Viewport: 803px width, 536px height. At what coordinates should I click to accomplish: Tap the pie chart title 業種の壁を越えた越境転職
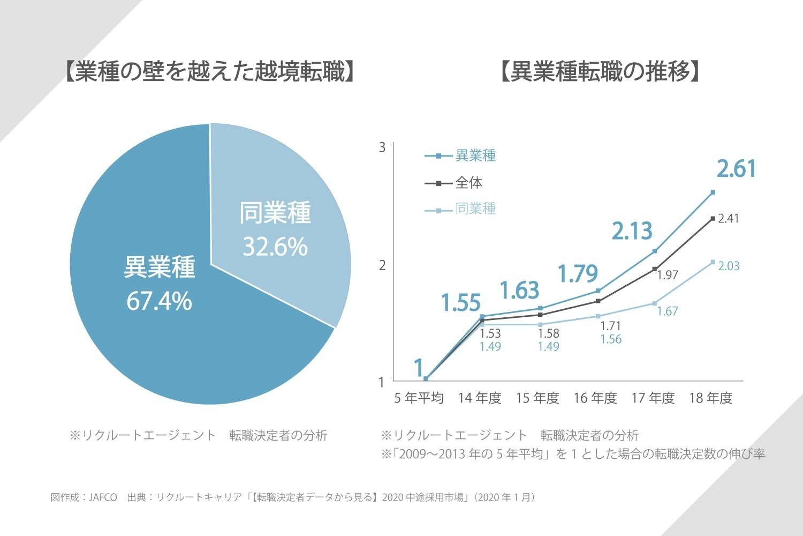click(210, 72)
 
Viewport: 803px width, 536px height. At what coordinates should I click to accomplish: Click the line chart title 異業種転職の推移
click(600, 72)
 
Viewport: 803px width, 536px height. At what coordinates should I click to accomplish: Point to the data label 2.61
click(737, 169)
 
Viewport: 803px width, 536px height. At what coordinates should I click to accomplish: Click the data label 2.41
click(728, 219)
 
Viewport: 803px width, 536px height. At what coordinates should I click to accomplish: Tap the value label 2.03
click(729, 266)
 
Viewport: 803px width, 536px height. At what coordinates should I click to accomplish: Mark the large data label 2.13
click(632, 232)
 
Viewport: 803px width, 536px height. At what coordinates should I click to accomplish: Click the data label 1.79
click(578, 274)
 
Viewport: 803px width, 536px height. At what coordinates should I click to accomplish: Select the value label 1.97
click(668, 276)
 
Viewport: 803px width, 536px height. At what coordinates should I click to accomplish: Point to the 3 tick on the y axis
click(382, 147)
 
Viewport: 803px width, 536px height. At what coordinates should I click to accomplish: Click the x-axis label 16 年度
click(595, 398)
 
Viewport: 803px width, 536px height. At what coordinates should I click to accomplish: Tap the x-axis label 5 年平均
click(419, 398)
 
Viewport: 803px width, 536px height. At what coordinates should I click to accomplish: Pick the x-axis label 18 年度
click(710, 398)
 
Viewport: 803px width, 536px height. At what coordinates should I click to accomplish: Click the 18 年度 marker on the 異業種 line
click(713, 192)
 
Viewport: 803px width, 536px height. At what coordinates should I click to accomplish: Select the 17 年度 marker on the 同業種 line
click(654, 303)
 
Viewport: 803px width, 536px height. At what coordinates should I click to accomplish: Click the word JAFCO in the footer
click(103, 497)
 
